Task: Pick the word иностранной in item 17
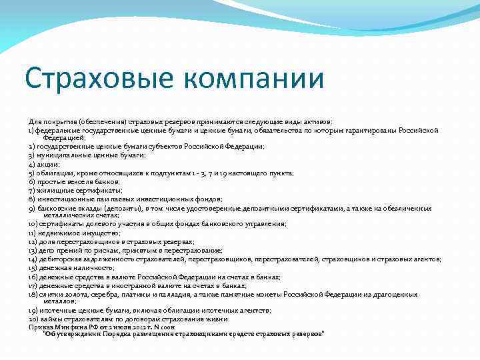pos(127,285)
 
